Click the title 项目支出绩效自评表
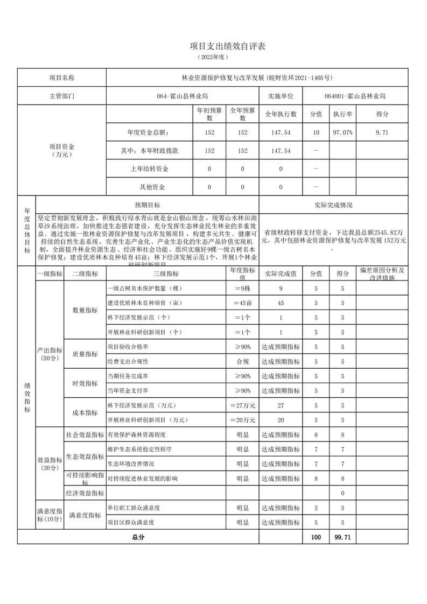tap(228, 47)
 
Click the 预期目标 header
tap(147, 205)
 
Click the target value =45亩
tap(242, 303)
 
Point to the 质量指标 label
tap(85, 354)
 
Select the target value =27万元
tap(242, 405)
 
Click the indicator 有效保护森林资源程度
tap(136, 434)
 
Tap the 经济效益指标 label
tap(85, 493)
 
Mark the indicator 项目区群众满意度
tap(131, 522)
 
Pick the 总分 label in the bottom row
tap(138, 537)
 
